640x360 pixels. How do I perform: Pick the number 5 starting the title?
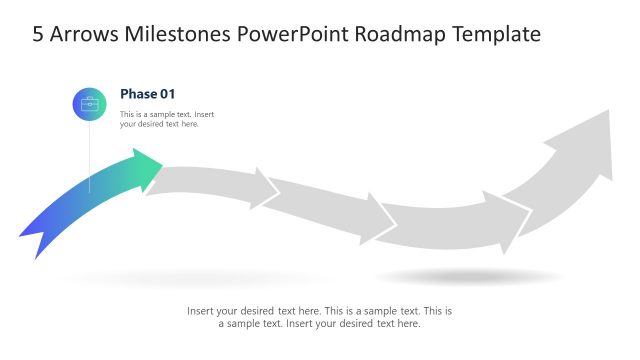coord(38,34)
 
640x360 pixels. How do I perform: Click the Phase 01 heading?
coord(147,94)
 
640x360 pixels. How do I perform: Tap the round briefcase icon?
coord(89,104)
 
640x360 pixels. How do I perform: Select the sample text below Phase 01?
coord(166,119)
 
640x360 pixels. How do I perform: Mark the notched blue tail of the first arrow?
coord(35,240)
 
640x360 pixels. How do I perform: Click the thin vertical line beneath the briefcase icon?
coord(89,155)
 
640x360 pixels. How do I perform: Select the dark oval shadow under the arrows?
coord(470,276)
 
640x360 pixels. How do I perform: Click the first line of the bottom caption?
coord(319,311)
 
